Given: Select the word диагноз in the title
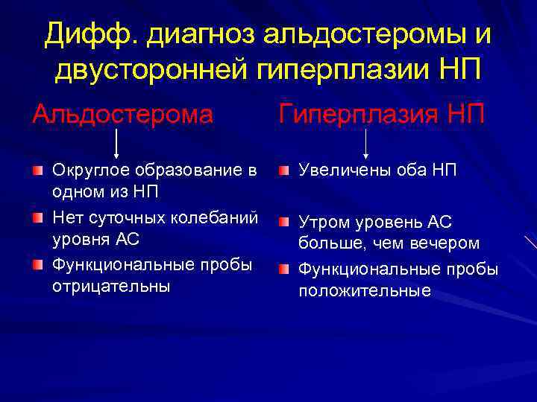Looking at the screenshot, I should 193,33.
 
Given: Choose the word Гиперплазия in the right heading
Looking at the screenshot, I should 358,115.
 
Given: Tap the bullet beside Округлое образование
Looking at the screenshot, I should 38,172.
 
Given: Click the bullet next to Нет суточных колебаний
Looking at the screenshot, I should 38,219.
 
